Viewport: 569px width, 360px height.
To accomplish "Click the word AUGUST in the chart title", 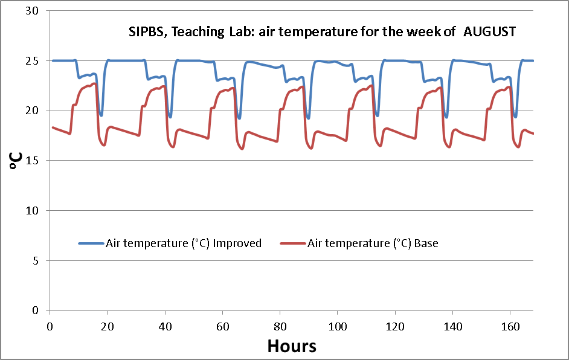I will pyautogui.click(x=489, y=32).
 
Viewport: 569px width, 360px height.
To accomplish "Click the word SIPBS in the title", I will pyautogui.click(x=147, y=32).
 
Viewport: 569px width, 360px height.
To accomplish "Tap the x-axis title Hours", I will pyautogui.click(x=292, y=346).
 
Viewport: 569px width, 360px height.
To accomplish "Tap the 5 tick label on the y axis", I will pyautogui.click(x=36, y=261).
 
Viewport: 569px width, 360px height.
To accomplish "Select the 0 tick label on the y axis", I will pyautogui.click(x=36, y=310).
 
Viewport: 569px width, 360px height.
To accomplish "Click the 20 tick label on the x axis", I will pyautogui.click(x=107, y=326).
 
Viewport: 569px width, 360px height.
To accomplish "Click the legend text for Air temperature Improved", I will pyautogui.click(x=184, y=243).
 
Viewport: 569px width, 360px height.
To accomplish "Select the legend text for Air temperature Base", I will pyautogui.click(x=373, y=243).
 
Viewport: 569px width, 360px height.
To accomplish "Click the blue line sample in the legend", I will pyautogui.click(x=91, y=243).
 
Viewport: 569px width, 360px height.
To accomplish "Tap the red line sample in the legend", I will pyautogui.click(x=293, y=243).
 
